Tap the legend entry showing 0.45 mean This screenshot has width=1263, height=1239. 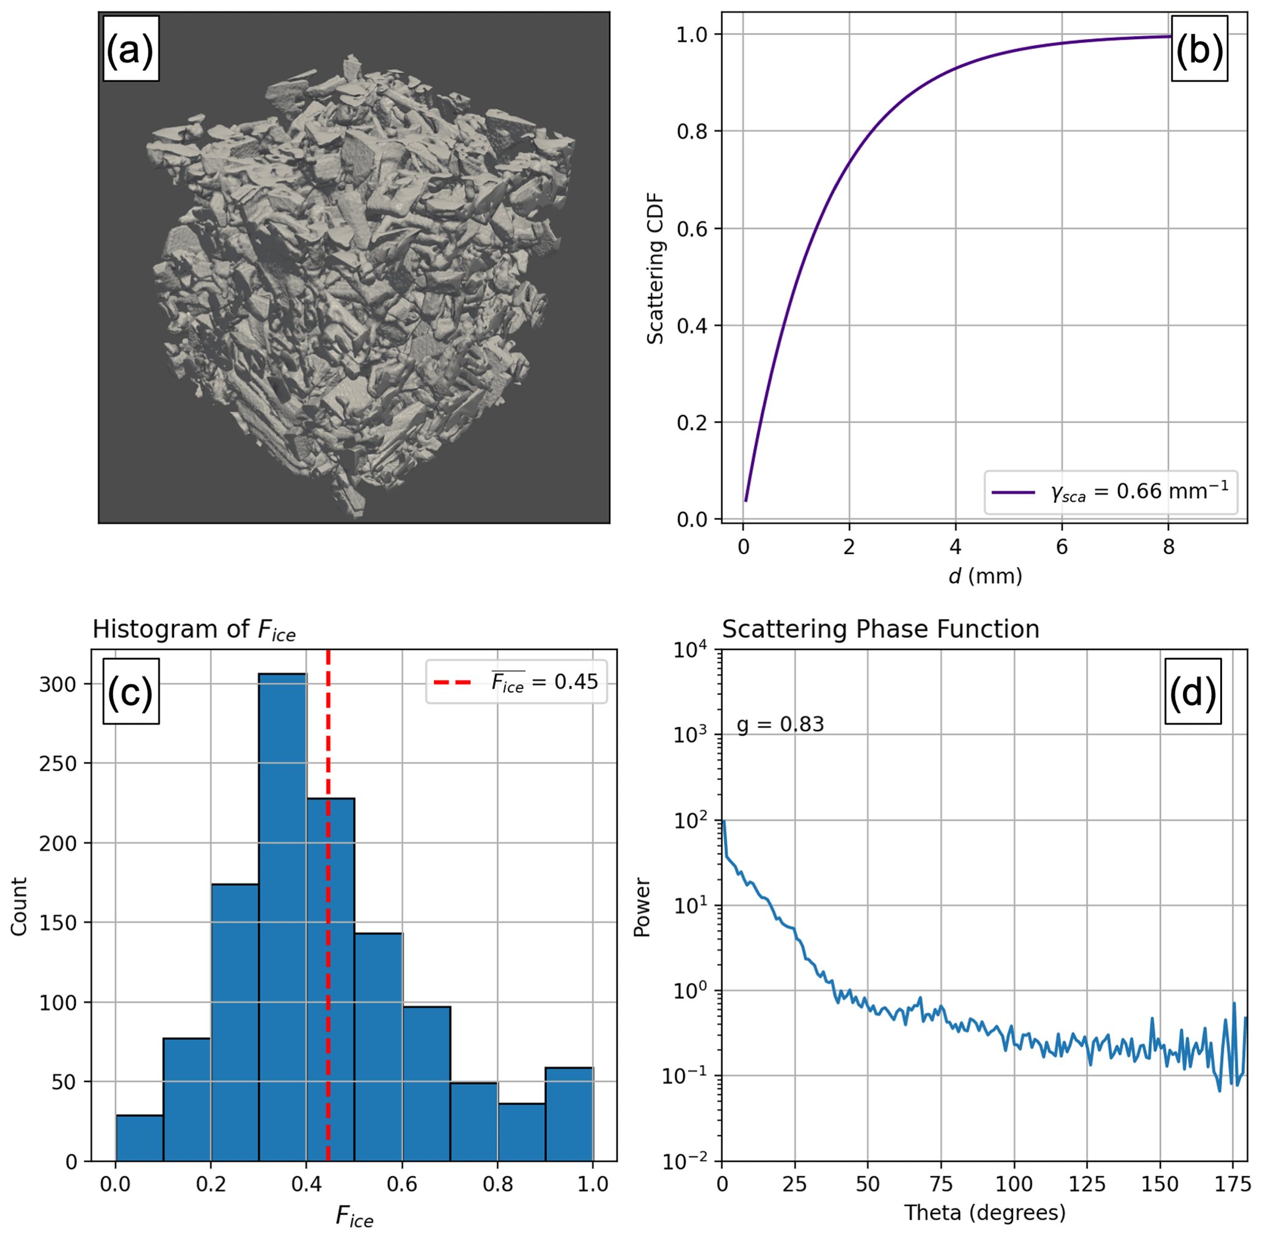tap(516, 682)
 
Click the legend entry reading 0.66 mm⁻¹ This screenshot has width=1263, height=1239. tap(1111, 492)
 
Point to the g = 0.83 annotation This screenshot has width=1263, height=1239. tap(780, 724)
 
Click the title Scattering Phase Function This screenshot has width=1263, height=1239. tap(880, 629)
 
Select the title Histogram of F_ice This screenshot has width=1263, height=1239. tap(194, 630)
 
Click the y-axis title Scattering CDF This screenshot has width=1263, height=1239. tap(655, 268)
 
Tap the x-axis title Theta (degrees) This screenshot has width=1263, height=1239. tap(985, 1213)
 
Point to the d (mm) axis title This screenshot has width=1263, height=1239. tap(985, 576)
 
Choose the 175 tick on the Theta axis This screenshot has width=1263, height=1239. tap(1232, 1183)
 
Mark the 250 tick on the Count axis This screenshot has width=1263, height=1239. tap(57, 764)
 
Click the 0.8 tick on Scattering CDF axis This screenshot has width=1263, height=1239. tap(692, 131)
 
